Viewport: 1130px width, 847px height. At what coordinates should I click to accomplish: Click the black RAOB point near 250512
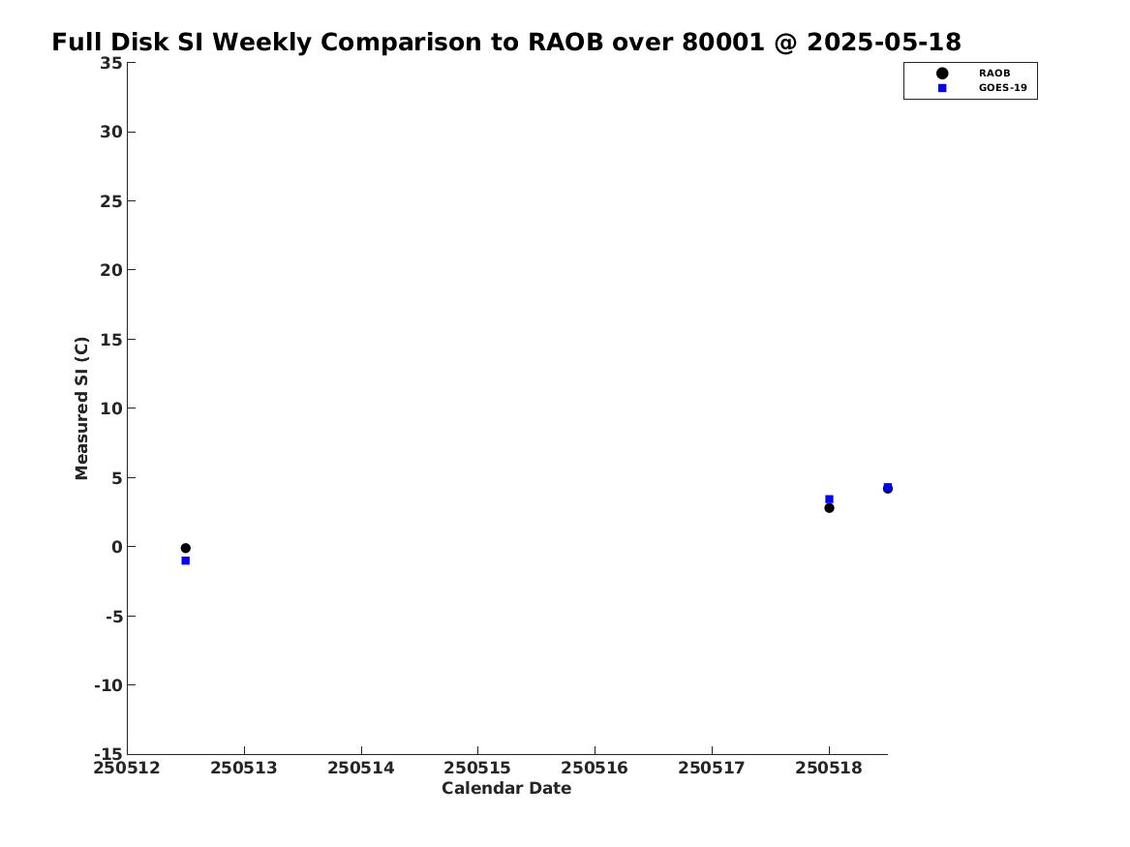pyautogui.click(x=185, y=548)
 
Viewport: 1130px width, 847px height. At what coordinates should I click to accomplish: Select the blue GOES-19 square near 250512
pyautogui.click(x=185, y=560)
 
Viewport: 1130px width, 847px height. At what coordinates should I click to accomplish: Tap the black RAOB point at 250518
pyautogui.click(x=829, y=508)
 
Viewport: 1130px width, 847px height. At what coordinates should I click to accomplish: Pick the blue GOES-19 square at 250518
pyautogui.click(x=829, y=499)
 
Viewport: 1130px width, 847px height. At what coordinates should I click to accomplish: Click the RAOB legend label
pyautogui.click(x=993, y=74)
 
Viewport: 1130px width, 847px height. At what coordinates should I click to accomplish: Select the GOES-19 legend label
pyautogui.click(x=1002, y=88)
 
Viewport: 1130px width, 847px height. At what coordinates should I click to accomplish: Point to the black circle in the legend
pyautogui.click(x=942, y=74)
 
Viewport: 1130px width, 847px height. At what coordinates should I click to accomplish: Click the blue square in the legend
pyautogui.click(x=942, y=88)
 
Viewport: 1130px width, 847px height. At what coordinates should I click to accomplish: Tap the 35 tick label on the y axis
pyautogui.click(x=111, y=63)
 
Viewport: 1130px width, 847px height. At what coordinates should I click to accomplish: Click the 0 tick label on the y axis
pyautogui.click(x=117, y=547)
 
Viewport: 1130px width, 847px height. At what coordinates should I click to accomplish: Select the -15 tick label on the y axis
pyautogui.click(x=108, y=753)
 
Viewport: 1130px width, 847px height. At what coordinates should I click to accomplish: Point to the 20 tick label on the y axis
pyautogui.click(x=111, y=270)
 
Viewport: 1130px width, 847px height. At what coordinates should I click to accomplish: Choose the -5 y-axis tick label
pyautogui.click(x=114, y=617)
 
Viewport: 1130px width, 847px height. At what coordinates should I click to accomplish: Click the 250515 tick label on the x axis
pyautogui.click(x=477, y=769)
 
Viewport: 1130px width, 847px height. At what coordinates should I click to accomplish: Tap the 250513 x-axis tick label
pyautogui.click(x=244, y=769)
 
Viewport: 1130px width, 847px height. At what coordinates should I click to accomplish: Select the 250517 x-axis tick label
pyautogui.click(x=712, y=769)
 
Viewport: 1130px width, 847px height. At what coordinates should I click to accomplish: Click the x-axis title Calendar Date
pyautogui.click(x=506, y=789)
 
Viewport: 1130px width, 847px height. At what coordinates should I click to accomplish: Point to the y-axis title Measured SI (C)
pyautogui.click(x=81, y=408)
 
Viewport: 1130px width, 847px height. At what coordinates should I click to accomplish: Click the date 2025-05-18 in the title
pyautogui.click(x=883, y=43)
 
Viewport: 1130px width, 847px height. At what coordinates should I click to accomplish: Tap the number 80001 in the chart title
pyautogui.click(x=722, y=43)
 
